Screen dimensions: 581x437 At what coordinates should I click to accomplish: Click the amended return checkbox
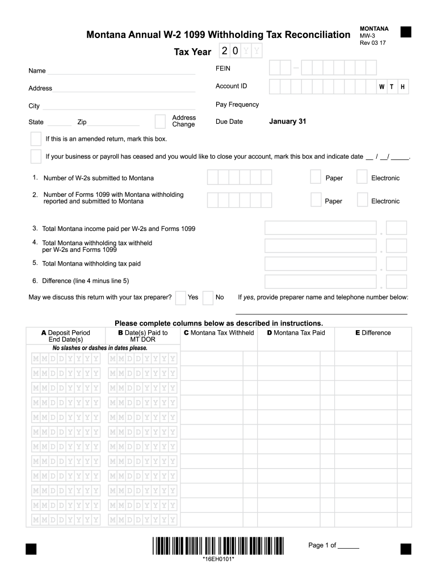36,139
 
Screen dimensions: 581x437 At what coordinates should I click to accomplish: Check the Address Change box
160,121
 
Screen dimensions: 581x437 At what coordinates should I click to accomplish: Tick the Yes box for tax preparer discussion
180,297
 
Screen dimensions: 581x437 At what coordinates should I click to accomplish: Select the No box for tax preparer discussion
208,297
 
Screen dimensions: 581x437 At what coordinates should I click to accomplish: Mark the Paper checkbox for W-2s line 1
316,178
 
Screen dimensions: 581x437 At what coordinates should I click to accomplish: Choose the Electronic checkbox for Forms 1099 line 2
362,200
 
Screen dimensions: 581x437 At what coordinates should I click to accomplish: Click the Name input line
121,71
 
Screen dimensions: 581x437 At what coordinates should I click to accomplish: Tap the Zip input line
114,123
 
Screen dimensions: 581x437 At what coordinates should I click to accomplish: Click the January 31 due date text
287,121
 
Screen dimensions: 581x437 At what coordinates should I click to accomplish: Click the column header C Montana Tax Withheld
218,332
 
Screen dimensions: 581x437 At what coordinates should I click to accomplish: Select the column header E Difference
373,332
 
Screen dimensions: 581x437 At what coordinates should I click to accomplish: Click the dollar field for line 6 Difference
321,281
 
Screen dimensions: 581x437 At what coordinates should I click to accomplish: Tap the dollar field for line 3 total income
321,228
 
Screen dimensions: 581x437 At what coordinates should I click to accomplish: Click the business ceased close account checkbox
36,157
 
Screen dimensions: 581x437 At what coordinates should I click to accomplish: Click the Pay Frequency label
237,104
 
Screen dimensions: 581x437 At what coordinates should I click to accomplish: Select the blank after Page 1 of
348,546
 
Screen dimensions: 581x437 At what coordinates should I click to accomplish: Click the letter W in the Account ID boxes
382,87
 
